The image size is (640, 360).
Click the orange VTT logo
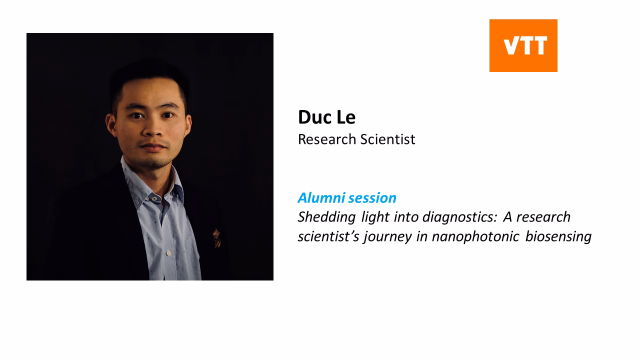pos(523,45)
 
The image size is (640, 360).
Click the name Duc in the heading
pos(313,117)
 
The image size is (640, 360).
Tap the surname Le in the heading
pos(345,117)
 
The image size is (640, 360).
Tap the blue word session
pos(372,198)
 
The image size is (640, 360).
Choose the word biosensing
pos(558,236)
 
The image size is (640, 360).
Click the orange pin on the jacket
pos(216,238)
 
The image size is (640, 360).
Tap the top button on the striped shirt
pos(154,198)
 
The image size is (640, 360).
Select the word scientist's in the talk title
pos(328,236)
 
